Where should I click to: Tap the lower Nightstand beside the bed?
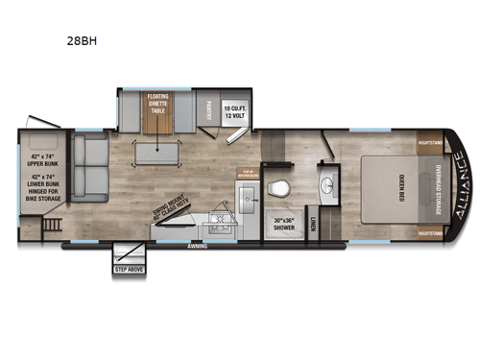click(x=431, y=231)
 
